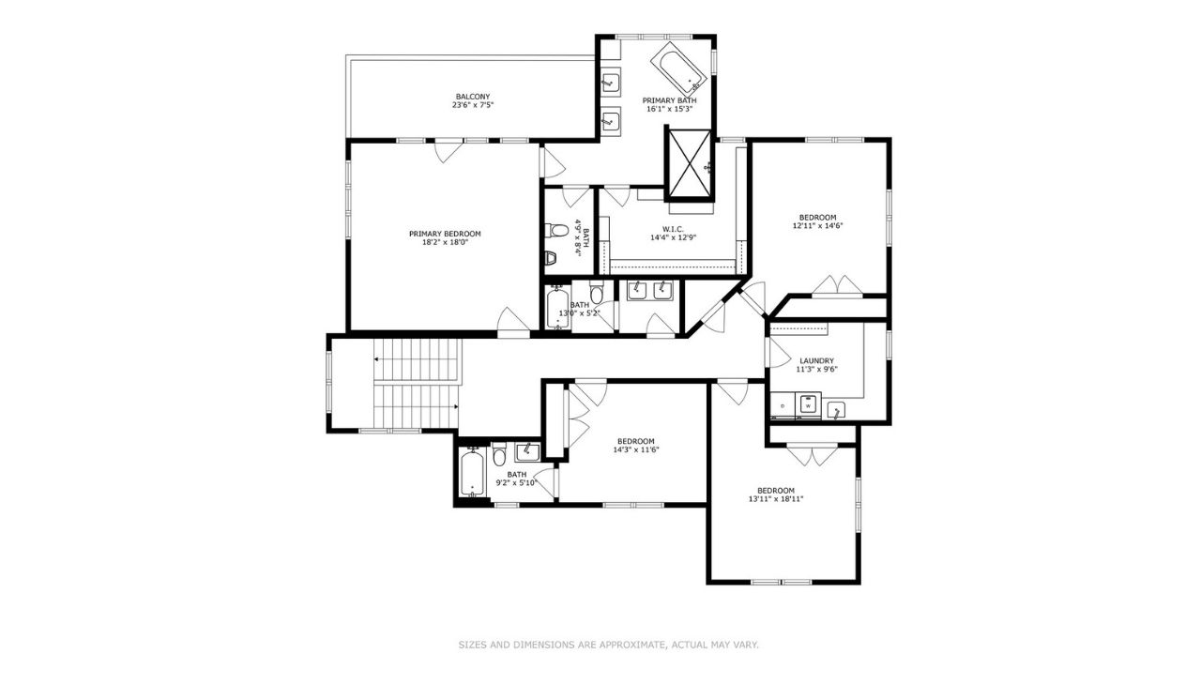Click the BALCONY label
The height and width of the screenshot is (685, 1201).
(x=472, y=97)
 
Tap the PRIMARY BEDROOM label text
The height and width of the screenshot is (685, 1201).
(x=445, y=234)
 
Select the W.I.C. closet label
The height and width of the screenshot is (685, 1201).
(x=674, y=229)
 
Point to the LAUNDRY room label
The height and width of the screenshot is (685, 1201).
(x=816, y=360)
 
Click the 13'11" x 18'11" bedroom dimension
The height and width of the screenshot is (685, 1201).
(x=776, y=499)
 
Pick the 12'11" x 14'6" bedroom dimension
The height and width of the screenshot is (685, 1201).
(x=817, y=225)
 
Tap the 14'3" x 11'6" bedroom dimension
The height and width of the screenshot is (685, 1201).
(x=636, y=449)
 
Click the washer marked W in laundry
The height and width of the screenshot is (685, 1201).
(x=808, y=405)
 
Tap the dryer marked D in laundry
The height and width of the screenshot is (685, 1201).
(x=783, y=405)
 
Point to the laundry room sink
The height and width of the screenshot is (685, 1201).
(x=836, y=410)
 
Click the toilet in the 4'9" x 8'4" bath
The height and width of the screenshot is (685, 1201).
(x=556, y=231)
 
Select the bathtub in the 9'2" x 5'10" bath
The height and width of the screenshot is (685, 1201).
(x=472, y=472)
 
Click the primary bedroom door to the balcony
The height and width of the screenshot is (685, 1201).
(x=448, y=150)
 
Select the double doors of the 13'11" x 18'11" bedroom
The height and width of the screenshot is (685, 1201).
(x=812, y=454)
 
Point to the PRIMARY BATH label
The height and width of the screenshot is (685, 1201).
(x=670, y=100)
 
